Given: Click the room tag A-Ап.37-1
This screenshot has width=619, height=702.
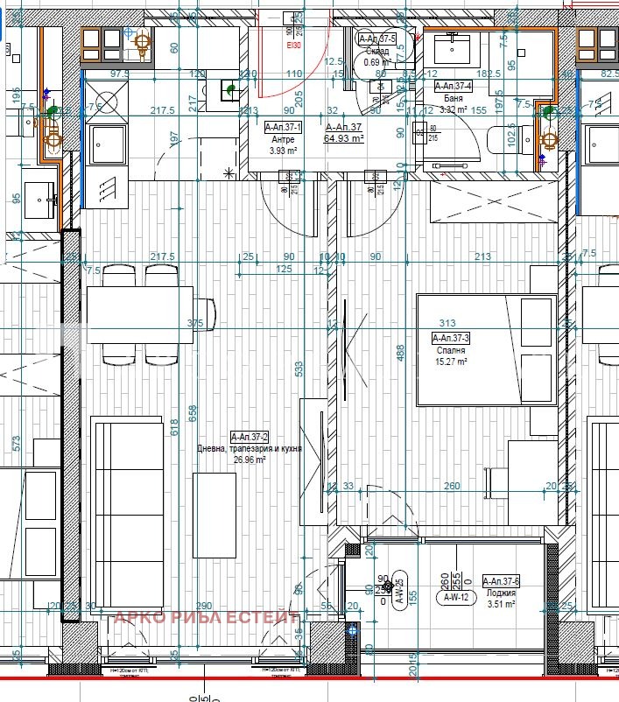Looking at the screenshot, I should click(283, 127).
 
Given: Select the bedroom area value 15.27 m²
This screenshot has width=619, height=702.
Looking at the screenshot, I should click(452, 361).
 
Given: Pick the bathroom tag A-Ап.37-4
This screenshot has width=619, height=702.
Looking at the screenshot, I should click(454, 86).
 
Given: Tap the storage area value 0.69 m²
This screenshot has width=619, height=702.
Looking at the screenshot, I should click(376, 62).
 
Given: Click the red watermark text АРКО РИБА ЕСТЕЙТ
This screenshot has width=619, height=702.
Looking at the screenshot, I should click(207, 618).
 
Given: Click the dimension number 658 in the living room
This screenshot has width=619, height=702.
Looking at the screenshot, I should click(194, 410).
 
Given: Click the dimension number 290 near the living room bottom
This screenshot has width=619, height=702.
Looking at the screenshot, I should click(203, 607).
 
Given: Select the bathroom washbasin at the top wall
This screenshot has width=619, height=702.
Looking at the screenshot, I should click(454, 47).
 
